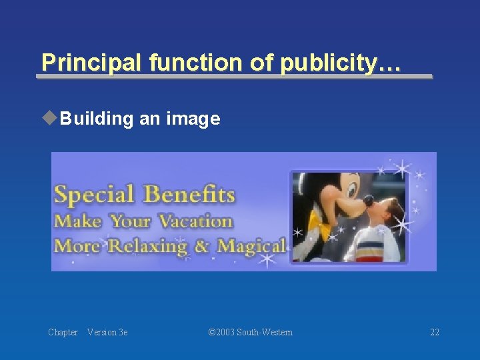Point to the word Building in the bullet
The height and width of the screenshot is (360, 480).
[x=97, y=119]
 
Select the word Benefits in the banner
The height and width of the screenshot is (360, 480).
[x=189, y=195]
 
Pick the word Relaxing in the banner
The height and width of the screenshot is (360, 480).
[x=147, y=246]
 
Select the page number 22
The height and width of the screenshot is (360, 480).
[x=434, y=332]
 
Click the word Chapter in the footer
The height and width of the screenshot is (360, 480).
[x=63, y=332]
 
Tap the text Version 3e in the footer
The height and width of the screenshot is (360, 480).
[x=107, y=332]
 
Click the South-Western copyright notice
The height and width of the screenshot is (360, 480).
[x=250, y=332]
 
